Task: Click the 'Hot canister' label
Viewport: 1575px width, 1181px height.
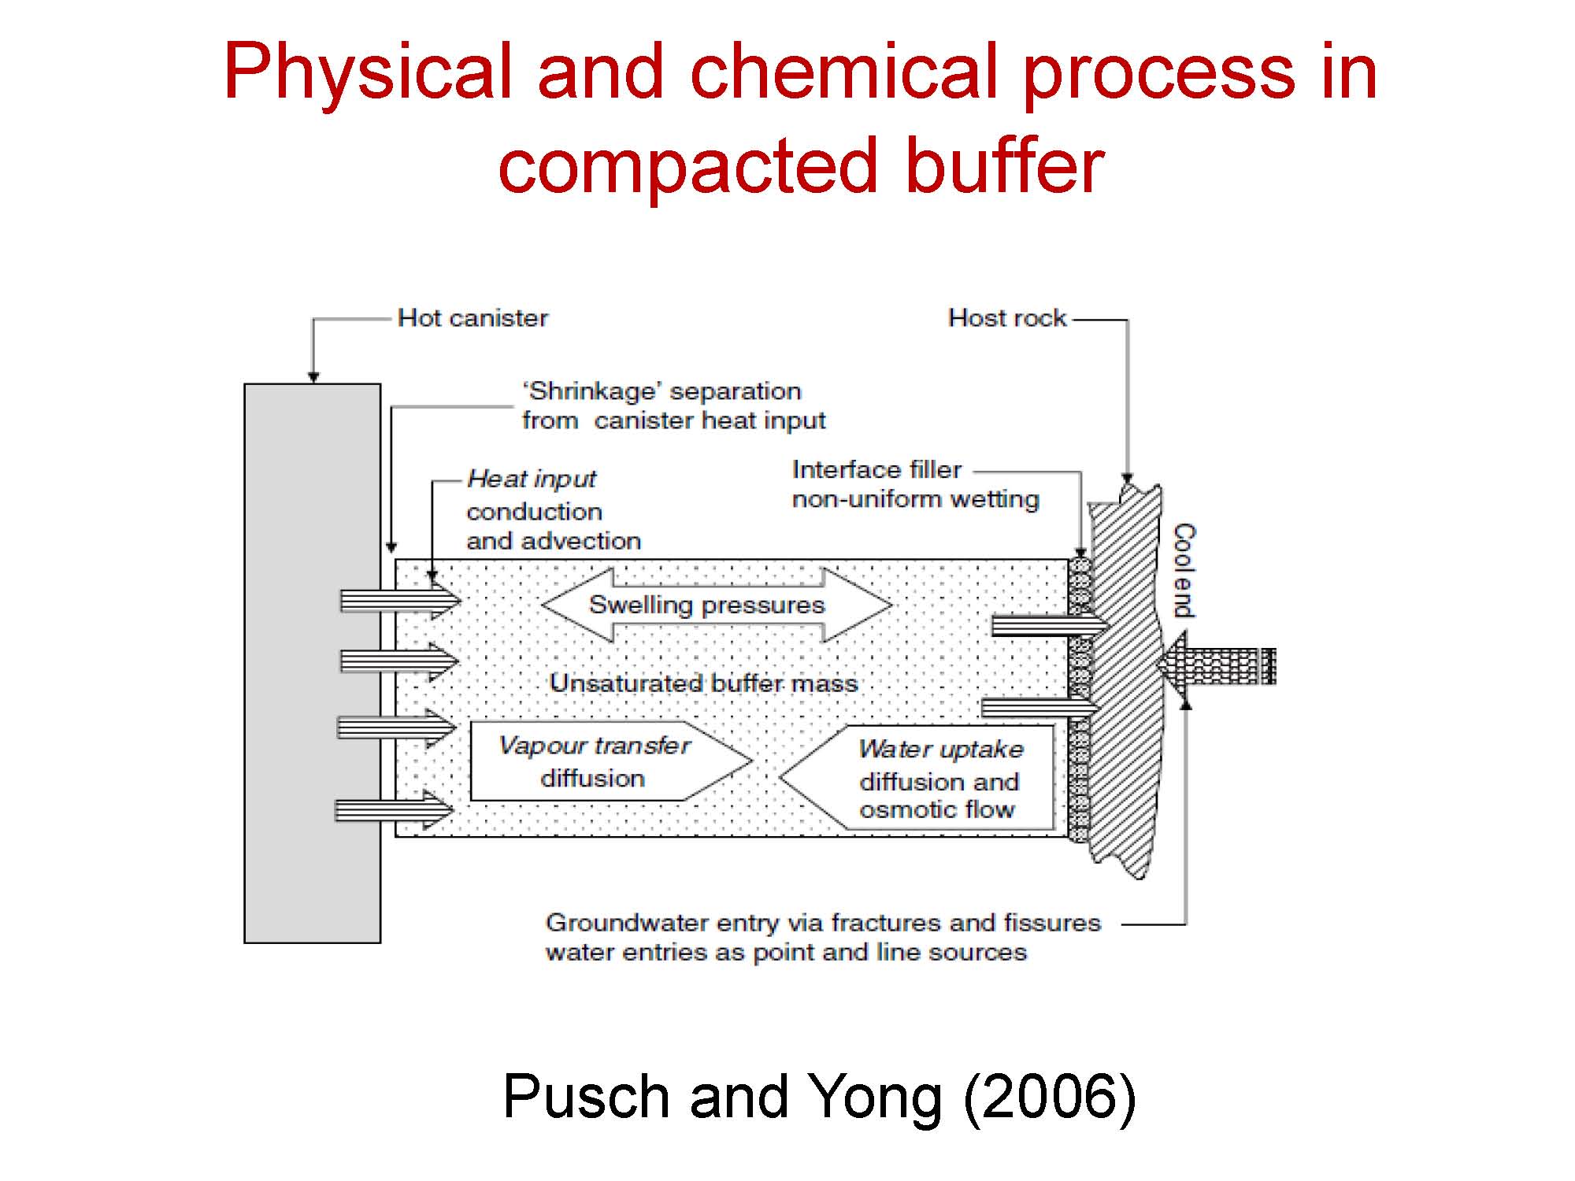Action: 472,318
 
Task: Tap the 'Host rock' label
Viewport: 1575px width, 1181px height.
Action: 1007,318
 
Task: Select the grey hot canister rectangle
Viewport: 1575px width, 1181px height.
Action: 313,663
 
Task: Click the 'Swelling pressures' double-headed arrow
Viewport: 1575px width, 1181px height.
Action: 717,605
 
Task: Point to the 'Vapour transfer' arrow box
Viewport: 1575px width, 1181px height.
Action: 611,761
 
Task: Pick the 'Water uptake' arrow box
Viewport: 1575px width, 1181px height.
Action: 917,777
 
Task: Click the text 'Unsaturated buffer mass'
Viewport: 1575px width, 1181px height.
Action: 703,683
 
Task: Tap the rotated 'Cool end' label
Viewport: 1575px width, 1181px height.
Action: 1184,570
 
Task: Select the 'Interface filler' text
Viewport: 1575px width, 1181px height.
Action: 876,470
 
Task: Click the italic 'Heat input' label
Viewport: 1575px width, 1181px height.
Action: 532,479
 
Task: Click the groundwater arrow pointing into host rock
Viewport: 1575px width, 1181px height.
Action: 1217,666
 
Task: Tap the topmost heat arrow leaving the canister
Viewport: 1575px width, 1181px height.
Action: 400,601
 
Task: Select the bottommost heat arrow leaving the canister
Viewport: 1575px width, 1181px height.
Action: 395,809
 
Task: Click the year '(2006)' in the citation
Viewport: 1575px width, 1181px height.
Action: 1050,1096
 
